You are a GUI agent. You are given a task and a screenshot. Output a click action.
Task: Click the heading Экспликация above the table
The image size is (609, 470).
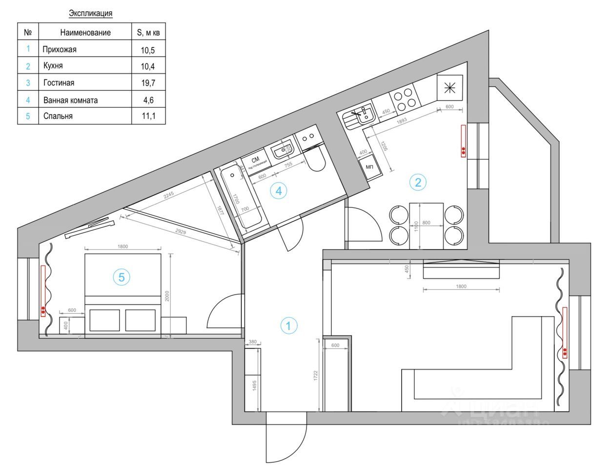coord(91,13)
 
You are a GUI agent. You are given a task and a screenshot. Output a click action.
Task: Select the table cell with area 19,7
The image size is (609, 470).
coord(148,83)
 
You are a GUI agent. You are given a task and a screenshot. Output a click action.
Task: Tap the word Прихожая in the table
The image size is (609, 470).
coord(60,49)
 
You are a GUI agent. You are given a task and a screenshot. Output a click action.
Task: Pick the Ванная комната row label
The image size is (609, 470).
coord(70,100)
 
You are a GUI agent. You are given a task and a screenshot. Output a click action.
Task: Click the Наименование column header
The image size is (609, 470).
coord(85,33)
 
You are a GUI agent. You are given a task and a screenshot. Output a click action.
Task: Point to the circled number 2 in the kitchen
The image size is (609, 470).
coord(418,183)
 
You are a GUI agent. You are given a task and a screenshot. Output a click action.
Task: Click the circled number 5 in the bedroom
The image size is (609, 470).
coord(122,277)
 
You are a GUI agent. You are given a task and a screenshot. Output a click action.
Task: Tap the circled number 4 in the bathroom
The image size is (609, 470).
coord(279,191)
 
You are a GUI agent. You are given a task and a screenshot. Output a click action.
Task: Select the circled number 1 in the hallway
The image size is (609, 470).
coord(288,326)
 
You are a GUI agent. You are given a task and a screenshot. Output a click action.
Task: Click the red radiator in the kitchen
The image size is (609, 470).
coord(463,141)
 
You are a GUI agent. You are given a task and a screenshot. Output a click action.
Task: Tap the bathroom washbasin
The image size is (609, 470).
coord(282,151)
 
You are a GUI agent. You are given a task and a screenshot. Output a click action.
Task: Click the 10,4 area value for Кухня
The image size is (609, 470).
coord(148,66)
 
